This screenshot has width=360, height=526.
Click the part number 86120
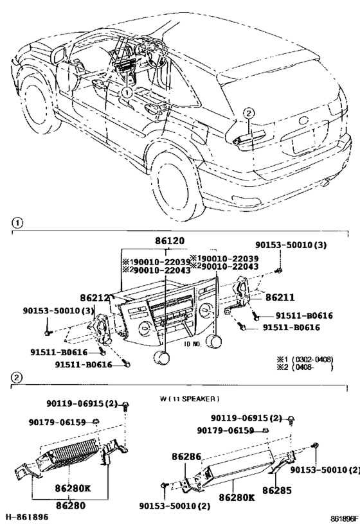[x=169, y=241]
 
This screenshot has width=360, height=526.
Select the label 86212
[x=95, y=298]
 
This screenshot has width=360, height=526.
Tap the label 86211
[x=265, y=297]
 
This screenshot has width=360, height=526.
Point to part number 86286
[x=186, y=457]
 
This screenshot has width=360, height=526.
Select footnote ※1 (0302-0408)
[x=304, y=359]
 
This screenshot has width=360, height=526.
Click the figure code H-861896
[x=27, y=516]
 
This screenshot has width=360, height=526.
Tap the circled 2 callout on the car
[x=248, y=114]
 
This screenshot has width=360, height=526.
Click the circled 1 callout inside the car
[x=127, y=92]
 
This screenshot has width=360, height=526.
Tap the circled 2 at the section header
[x=17, y=377]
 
